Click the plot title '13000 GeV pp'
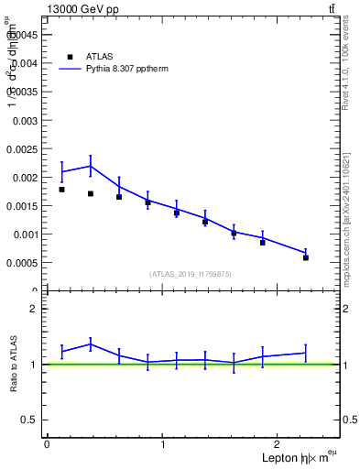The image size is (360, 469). point(82,9)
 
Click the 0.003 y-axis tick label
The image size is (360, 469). point(25,120)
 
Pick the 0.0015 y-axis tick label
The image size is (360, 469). point(23,205)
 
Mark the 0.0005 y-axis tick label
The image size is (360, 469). point(23,262)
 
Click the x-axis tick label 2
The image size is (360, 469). point(280,444)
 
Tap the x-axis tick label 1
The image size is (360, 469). point(163,444)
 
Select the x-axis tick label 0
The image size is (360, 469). point(47,444)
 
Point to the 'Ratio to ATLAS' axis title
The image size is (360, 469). point(14,364)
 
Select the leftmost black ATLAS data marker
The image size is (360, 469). point(61,190)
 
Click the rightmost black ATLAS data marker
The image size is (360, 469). point(306,257)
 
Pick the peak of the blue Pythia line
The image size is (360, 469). point(91,166)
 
